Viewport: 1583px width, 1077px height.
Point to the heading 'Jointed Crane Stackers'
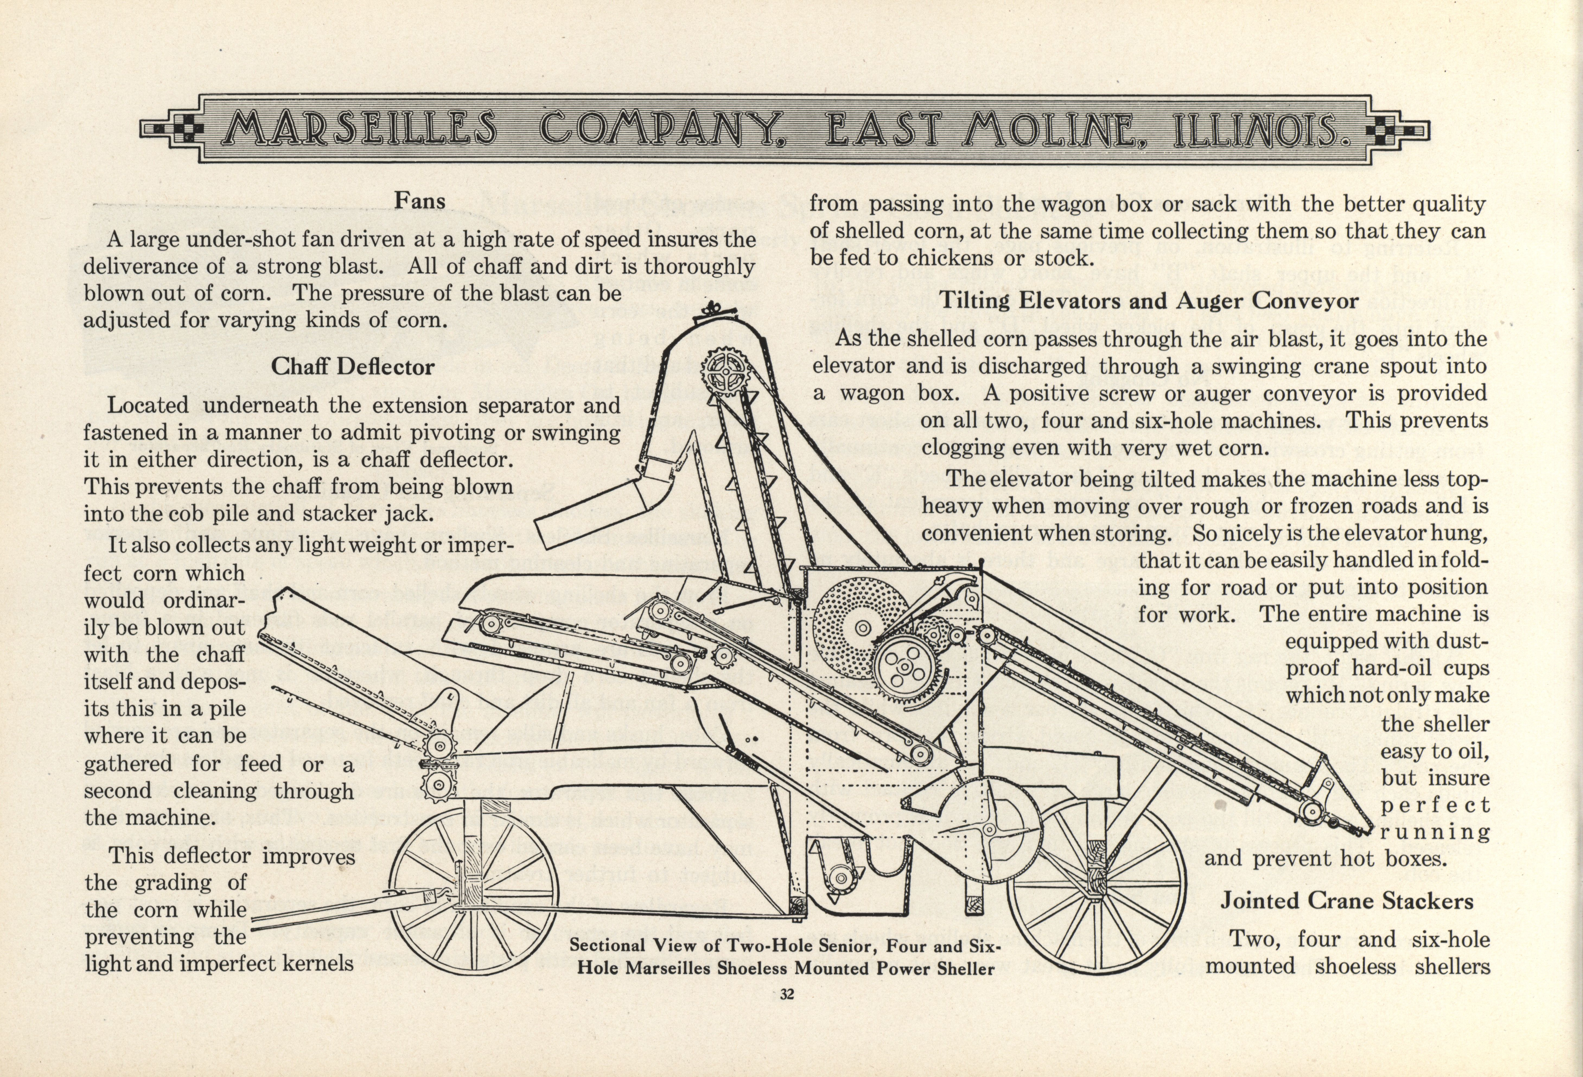1347,901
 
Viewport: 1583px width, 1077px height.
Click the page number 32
787,995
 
